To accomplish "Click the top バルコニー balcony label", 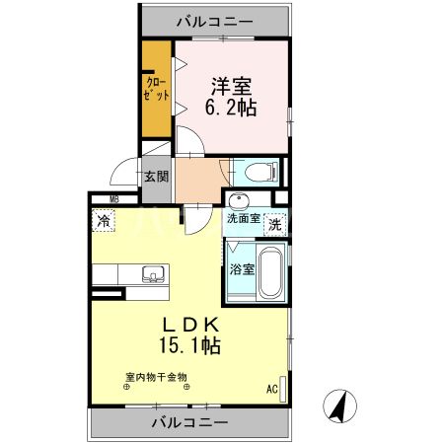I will [x=215, y=20].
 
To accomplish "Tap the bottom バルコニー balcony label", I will [x=190, y=422].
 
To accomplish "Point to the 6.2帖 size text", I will [x=231, y=108].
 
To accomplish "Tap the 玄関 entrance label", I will [x=156, y=177].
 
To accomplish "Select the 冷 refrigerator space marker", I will [x=104, y=222].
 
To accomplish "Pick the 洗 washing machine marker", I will [x=275, y=223].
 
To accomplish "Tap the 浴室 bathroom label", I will [x=242, y=267].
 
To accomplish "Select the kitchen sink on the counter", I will [x=154, y=273].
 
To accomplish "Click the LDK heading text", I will [x=189, y=324].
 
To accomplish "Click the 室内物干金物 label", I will [x=156, y=376].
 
